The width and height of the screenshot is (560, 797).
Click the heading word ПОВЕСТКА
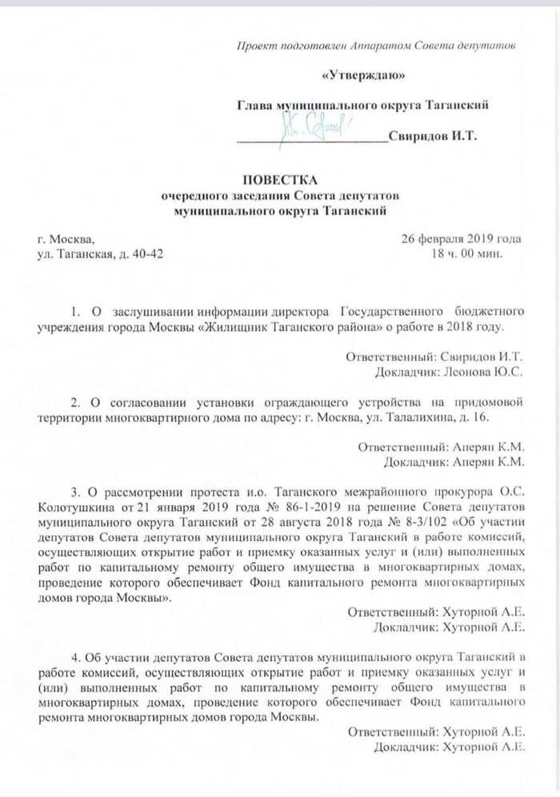(281, 180)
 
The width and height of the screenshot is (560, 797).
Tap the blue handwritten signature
(314, 127)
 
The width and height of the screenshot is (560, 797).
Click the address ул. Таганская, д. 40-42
(104, 254)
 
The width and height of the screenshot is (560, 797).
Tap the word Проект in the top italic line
(258, 46)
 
